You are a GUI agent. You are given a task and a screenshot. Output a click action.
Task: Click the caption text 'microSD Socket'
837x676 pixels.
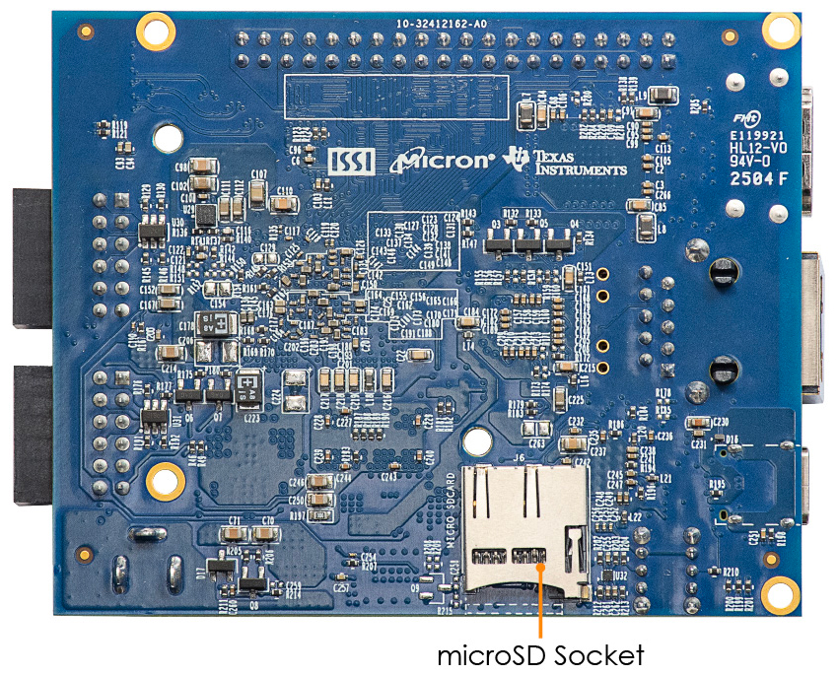(x=540, y=654)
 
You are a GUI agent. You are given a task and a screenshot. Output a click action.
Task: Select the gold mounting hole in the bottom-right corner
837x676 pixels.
(x=781, y=593)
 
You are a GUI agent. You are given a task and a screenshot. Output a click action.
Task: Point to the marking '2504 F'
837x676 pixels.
(x=758, y=179)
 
